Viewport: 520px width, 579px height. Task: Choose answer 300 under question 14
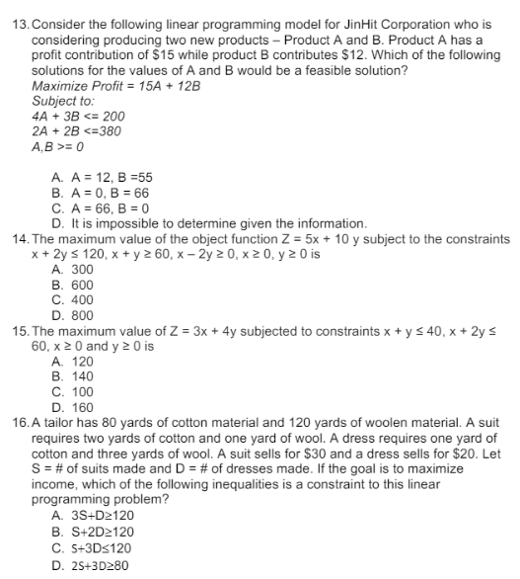click(80, 269)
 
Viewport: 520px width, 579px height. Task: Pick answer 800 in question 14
click(80, 316)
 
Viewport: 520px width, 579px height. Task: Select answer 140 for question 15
click(80, 377)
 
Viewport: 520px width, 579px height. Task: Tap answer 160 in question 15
click(80, 407)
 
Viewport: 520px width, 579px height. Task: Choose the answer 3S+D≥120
click(103, 515)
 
